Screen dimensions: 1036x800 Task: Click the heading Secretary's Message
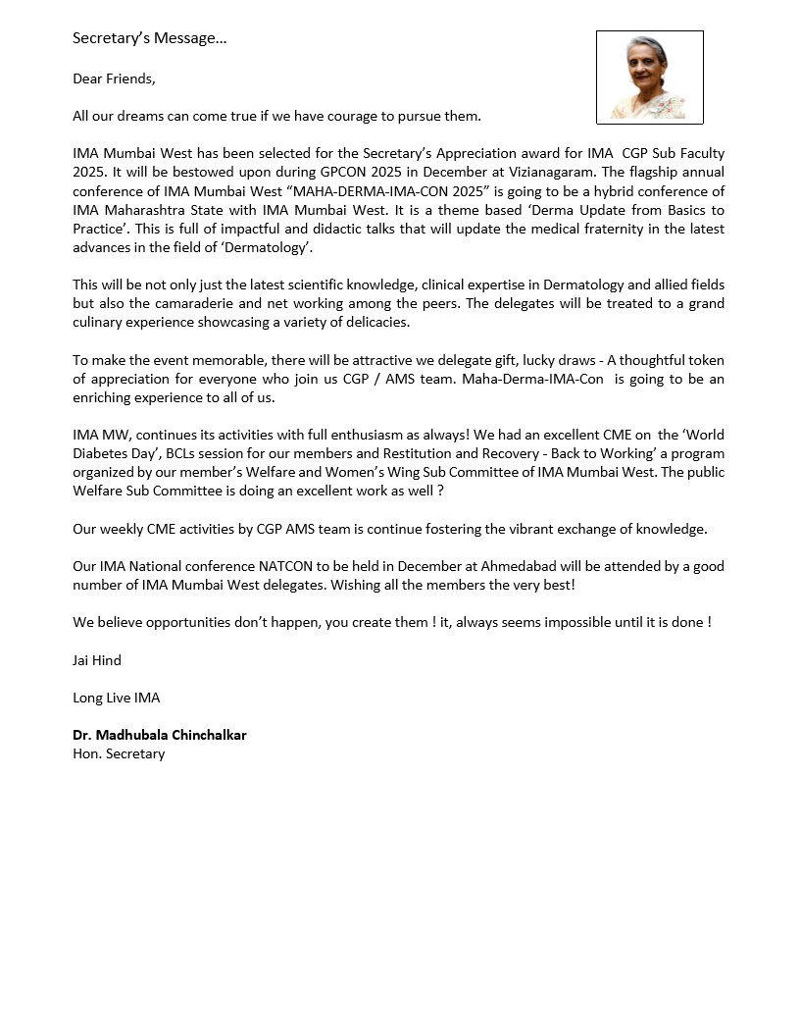tap(149, 39)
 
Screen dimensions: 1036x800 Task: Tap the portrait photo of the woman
tap(649, 78)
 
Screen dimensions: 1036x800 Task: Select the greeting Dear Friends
tap(114, 78)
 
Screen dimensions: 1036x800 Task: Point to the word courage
tap(343, 116)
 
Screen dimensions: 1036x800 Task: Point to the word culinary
tap(100, 322)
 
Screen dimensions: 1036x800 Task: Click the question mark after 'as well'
tap(441, 491)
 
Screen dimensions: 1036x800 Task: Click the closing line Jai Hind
tap(97, 660)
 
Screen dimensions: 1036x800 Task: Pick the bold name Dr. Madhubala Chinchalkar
tap(159, 735)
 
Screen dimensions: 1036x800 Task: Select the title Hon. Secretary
tap(119, 753)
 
